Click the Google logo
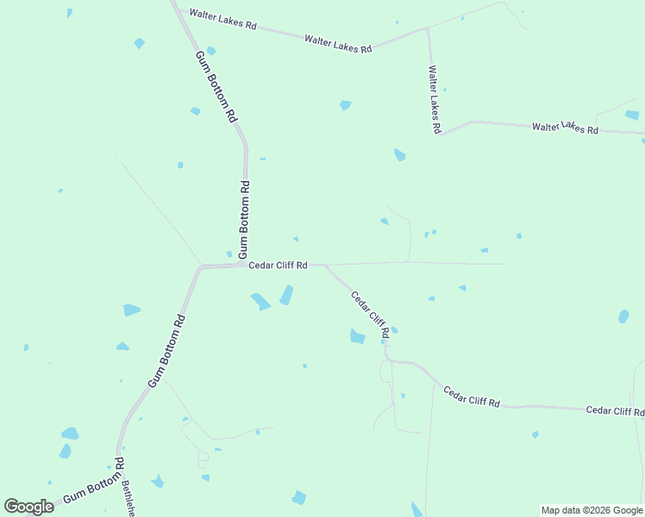(29, 507)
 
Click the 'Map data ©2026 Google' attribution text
(592, 510)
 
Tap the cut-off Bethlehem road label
(128, 499)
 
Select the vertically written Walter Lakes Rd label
(435, 99)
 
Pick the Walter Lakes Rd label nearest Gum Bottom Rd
(223, 20)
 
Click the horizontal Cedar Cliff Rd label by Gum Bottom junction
(278, 265)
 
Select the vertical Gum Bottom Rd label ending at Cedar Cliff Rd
(244, 219)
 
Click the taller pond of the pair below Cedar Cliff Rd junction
(285, 296)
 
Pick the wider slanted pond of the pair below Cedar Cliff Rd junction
(260, 302)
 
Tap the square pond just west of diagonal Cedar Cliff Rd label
(357, 337)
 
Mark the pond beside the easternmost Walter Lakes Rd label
(632, 115)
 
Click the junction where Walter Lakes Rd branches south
(427, 28)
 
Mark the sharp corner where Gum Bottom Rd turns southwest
(200, 267)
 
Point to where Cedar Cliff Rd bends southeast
(325, 265)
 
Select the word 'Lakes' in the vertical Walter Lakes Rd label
(435, 102)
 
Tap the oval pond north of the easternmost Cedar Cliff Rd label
(623, 317)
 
